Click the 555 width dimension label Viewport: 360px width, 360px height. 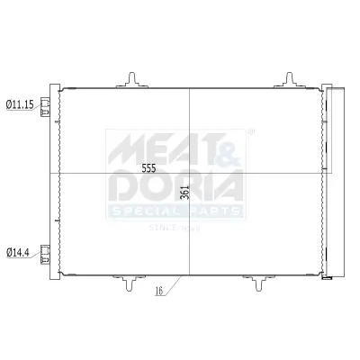click(149, 168)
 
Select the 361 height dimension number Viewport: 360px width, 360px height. click(183, 192)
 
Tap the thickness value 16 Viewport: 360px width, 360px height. click(158, 291)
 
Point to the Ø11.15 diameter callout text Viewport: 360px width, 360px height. click(20, 104)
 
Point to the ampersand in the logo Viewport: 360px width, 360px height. click(229, 144)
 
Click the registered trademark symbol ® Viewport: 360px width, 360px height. click(251, 131)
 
